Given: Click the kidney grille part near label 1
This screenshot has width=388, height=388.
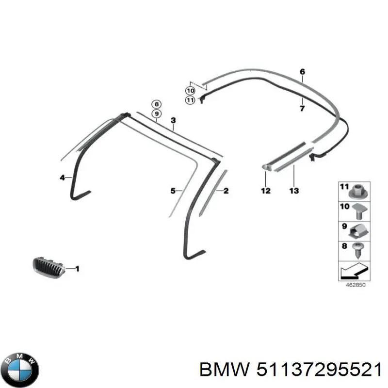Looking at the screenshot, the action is click(x=49, y=268).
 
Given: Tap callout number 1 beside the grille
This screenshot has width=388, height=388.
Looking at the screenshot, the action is click(x=77, y=269).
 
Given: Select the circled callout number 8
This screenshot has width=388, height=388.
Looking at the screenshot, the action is click(x=156, y=104).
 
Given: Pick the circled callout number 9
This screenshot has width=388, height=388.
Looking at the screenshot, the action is click(x=156, y=114).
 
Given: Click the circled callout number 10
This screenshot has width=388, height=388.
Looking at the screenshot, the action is click(x=190, y=91).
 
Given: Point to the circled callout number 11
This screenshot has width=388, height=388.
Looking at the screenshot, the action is click(x=190, y=100).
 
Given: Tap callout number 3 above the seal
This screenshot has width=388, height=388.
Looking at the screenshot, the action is click(x=173, y=120).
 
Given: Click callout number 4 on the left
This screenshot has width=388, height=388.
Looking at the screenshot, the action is click(x=63, y=178).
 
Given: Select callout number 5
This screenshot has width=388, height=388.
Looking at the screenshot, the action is click(x=173, y=191).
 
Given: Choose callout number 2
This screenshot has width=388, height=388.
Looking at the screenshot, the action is click(x=226, y=191).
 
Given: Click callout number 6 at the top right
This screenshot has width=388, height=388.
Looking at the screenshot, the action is click(x=302, y=72).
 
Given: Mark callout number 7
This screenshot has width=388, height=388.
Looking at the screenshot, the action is click(x=302, y=108).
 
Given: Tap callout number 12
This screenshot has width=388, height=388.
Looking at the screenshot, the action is click(x=265, y=191).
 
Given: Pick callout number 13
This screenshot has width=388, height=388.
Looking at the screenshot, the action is click(x=294, y=191).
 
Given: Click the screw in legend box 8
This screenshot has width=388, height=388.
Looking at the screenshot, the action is click(x=358, y=250).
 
